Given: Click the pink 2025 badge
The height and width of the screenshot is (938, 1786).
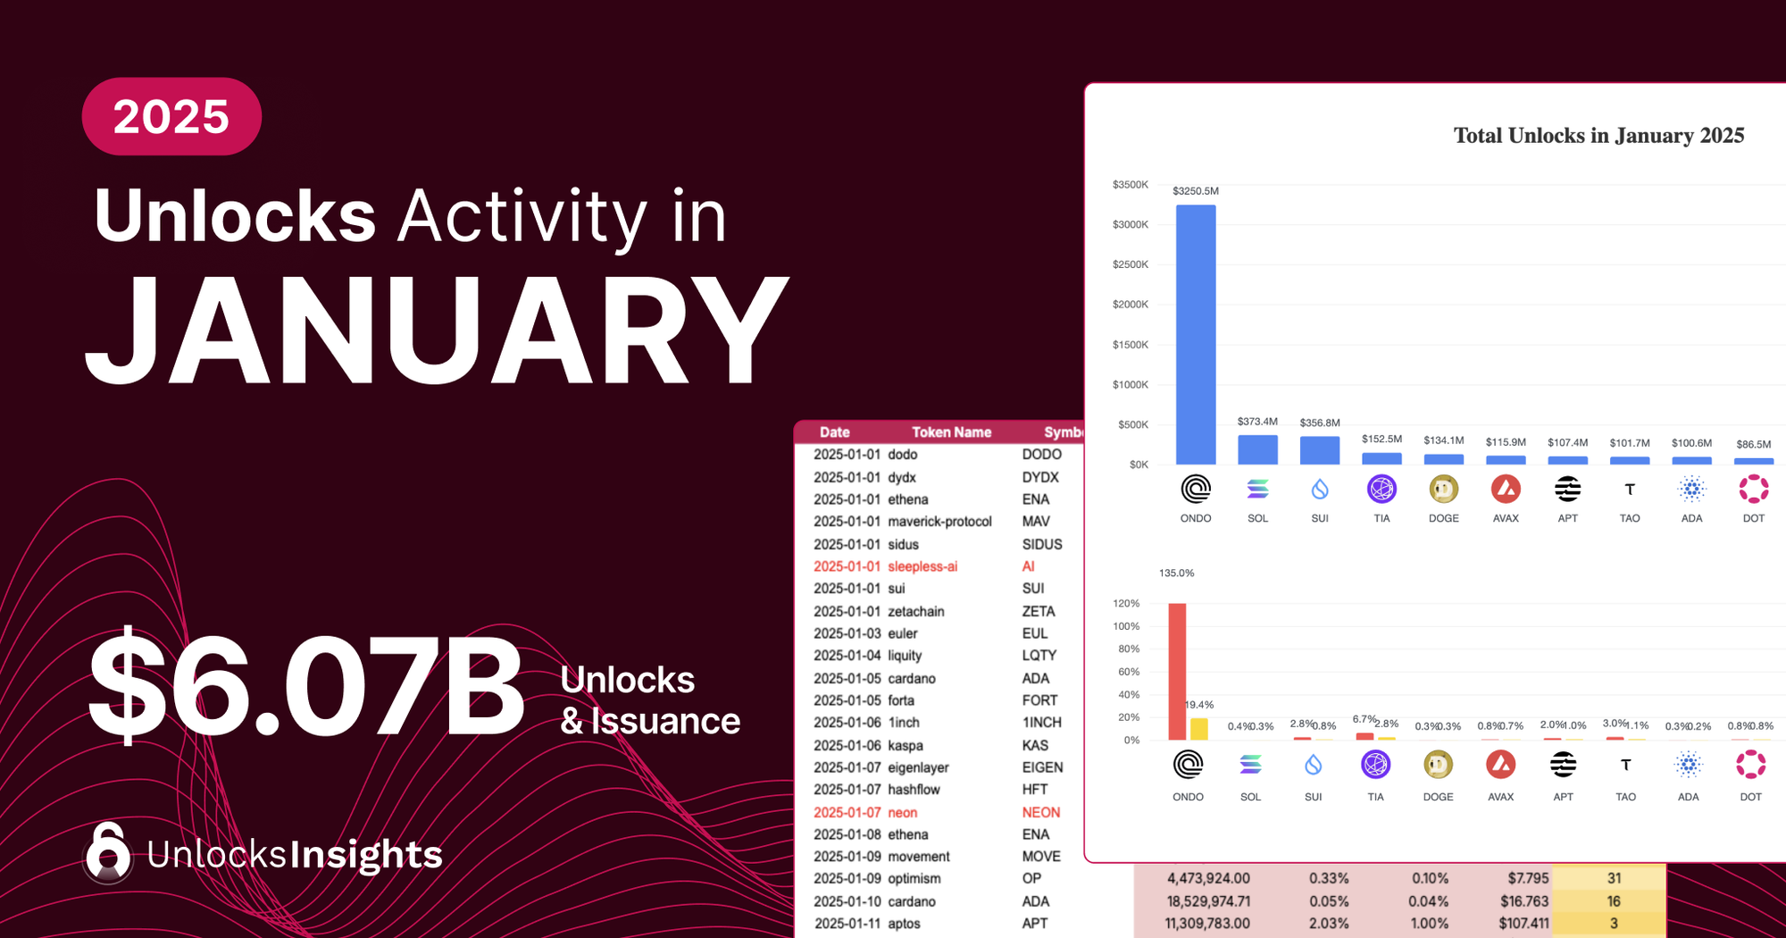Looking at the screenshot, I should point(171,117).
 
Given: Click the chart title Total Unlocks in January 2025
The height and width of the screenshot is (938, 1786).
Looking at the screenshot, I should point(1598,136).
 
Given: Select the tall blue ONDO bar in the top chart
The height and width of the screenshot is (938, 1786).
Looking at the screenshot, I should point(1196,335).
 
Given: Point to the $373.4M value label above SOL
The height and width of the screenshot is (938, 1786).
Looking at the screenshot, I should point(1257,422).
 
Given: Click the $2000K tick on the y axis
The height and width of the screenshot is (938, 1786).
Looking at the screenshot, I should point(1131,305).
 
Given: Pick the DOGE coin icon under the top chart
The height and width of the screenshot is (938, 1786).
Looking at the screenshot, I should point(1444,490).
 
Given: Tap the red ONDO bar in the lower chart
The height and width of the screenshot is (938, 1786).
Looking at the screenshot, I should point(1177,672).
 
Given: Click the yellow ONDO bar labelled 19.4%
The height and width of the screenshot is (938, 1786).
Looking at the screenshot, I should point(1199,729).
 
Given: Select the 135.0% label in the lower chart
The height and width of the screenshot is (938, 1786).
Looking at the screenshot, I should point(1176,574).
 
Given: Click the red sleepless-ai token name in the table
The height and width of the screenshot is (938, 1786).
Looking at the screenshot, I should point(922,566).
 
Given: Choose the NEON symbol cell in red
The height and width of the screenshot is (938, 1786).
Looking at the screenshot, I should point(1041,812).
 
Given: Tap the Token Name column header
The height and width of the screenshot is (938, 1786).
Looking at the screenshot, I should point(951,432).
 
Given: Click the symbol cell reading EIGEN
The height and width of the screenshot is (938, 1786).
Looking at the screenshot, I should point(1042,767).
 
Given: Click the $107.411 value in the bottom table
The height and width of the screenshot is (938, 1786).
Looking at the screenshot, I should point(1524,924).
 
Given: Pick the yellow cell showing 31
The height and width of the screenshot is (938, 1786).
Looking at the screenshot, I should point(1614,878).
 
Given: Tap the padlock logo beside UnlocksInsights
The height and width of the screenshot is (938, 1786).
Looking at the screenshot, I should point(108,853).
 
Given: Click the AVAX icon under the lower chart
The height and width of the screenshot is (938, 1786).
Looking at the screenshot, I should point(1500,765).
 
